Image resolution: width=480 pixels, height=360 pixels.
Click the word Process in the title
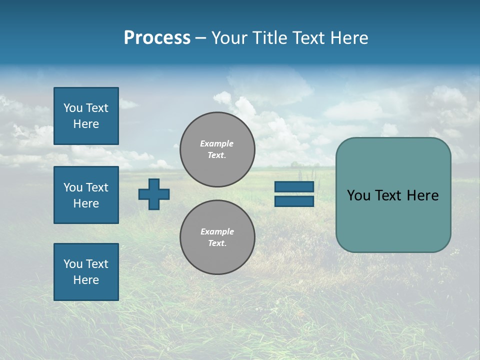coord(157,38)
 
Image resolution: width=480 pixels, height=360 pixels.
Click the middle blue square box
coord(86,195)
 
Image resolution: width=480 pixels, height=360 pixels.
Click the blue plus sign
coord(154,194)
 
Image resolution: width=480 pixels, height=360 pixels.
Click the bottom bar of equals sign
coord(294,201)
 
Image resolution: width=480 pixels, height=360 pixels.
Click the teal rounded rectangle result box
coord(393,220)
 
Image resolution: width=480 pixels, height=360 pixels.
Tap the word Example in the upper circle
coord(217,143)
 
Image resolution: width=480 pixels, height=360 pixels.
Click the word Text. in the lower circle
coord(217,243)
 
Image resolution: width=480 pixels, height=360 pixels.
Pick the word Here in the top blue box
coord(86,124)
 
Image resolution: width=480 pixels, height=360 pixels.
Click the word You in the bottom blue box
coord(73,264)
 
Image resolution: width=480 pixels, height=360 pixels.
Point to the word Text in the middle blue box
coord(97,187)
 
